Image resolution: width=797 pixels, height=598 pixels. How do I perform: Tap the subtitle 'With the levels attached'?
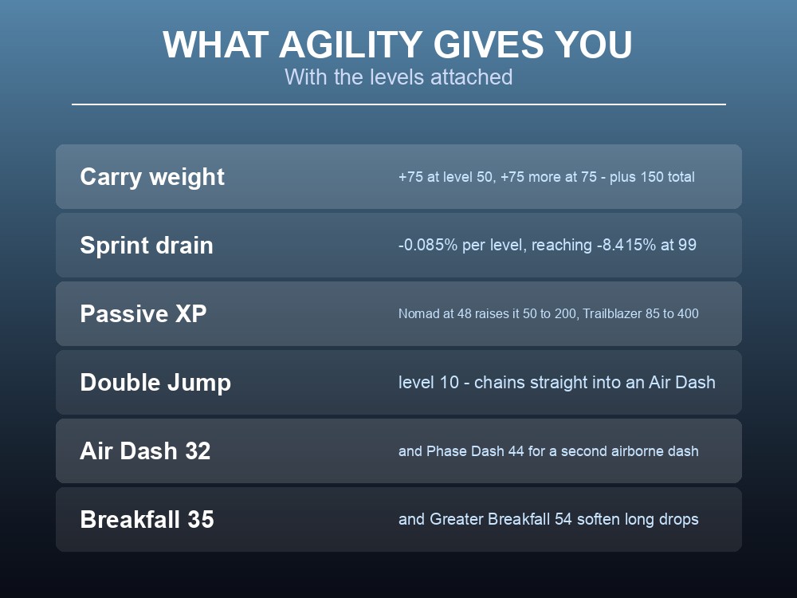tap(398, 77)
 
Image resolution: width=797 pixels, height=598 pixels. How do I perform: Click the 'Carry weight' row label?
tap(152, 177)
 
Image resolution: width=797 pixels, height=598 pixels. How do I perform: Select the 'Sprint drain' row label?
tap(147, 245)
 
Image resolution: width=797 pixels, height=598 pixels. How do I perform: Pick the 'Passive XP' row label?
tap(143, 313)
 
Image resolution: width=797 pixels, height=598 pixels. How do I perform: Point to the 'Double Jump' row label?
tap(155, 383)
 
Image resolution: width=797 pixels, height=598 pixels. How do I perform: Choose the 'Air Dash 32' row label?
tap(145, 451)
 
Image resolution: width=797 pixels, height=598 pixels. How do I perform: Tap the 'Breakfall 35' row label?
tap(147, 520)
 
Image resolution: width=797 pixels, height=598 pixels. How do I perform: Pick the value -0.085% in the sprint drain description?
tap(428, 245)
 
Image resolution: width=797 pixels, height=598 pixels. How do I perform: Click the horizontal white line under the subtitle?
tap(398, 104)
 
